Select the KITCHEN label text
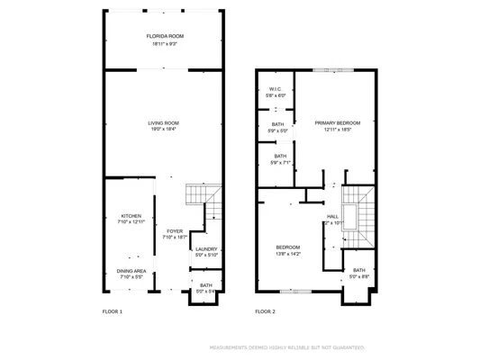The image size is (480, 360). pyautogui.click(x=131, y=216)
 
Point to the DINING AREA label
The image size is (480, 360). pyautogui.click(x=131, y=271)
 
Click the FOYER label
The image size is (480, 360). pyautogui.click(x=175, y=231)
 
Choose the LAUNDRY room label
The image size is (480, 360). pyautogui.click(x=206, y=249)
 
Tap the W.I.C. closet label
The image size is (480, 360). pyautogui.click(x=276, y=89)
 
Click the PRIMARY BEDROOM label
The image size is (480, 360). pyautogui.click(x=337, y=122)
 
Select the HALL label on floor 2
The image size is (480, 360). pyautogui.click(x=332, y=216)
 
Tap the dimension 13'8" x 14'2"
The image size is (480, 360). pyautogui.click(x=288, y=253)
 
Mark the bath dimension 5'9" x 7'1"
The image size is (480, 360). pyautogui.click(x=278, y=162)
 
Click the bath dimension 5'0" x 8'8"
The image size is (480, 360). pyautogui.click(x=358, y=276)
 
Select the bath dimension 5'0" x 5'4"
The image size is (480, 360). pyautogui.click(x=206, y=291)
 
